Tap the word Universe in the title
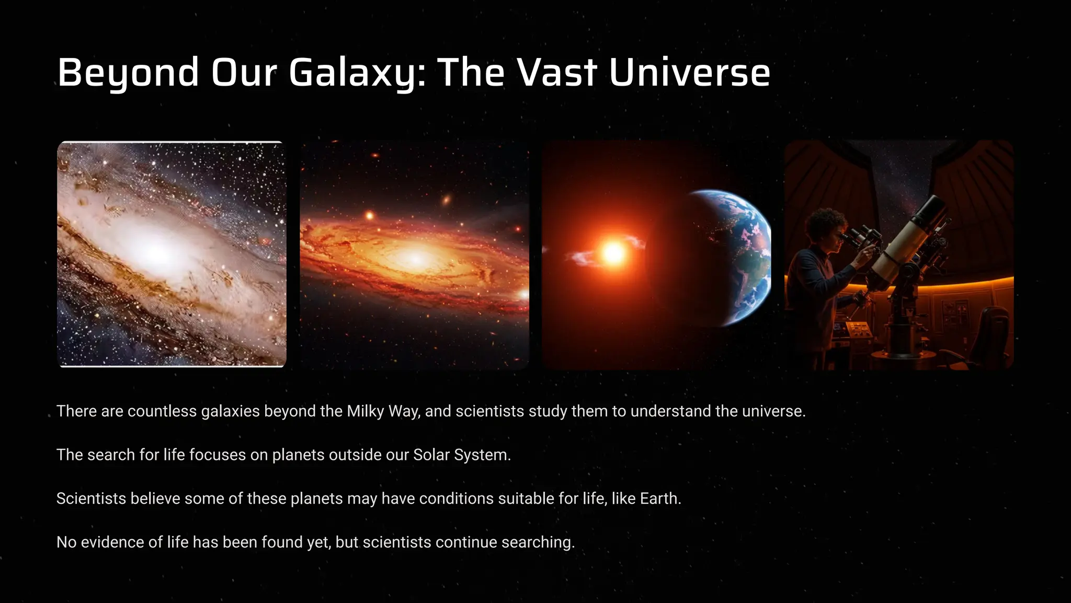click(x=689, y=72)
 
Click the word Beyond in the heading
click(x=128, y=72)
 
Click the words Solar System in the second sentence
click(x=461, y=455)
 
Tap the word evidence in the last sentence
click(x=112, y=542)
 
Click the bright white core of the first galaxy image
click(x=157, y=252)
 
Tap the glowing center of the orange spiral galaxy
click(x=415, y=258)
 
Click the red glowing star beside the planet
click(x=613, y=253)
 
